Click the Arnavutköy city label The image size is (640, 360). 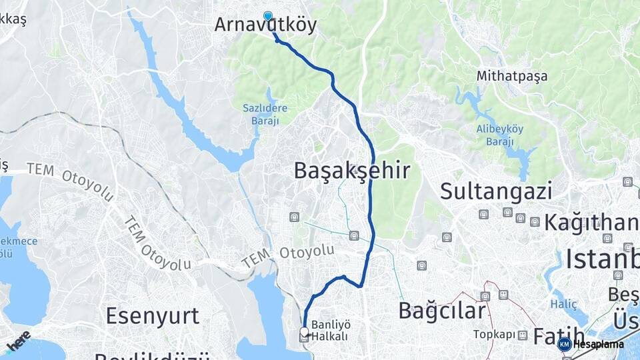point(265,25)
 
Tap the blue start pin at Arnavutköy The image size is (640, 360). point(268,16)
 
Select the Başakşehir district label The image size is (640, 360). point(351,171)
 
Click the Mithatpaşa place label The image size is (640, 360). point(511,76)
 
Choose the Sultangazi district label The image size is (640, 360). point(496,191)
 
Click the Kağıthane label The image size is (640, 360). point(591,222)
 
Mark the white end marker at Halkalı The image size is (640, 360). point(305,331)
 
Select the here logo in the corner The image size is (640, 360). point(19,340)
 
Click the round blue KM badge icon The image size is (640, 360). point(565,345)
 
